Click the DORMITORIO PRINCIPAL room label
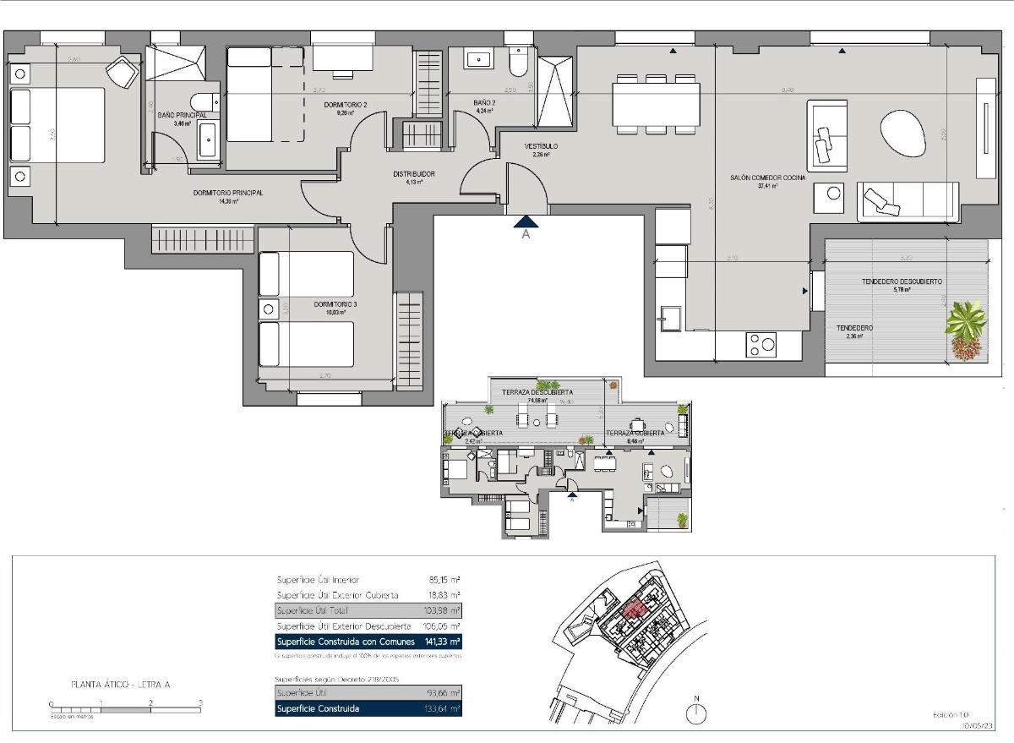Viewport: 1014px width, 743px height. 228,193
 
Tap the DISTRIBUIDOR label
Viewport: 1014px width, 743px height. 414,173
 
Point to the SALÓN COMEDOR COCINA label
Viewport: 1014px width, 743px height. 768,178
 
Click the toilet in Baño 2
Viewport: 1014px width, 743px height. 518,63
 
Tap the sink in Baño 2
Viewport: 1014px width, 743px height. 480,60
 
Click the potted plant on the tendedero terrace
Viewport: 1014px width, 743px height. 966,330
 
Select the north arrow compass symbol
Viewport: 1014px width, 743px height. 696,713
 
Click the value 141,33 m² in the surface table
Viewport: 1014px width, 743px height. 444,642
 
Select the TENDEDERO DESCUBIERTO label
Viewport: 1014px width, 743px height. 902,281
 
